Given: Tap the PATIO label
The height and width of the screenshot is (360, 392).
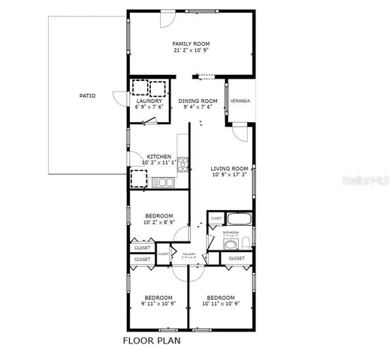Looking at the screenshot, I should point(87,96).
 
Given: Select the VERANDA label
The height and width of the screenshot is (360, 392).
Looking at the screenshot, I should point(240,100).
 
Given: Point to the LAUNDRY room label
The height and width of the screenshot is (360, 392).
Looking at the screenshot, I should point(149,101).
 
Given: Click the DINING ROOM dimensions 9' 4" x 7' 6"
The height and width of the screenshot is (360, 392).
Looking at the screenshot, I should point(198,107).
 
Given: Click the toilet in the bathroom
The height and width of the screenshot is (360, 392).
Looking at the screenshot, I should point(246,242).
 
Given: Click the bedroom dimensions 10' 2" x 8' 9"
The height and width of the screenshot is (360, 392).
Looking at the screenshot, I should point(159,223).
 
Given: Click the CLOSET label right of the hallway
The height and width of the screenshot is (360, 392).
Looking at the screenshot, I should point(237,258).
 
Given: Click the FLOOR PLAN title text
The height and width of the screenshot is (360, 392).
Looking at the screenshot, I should point(152,340).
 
